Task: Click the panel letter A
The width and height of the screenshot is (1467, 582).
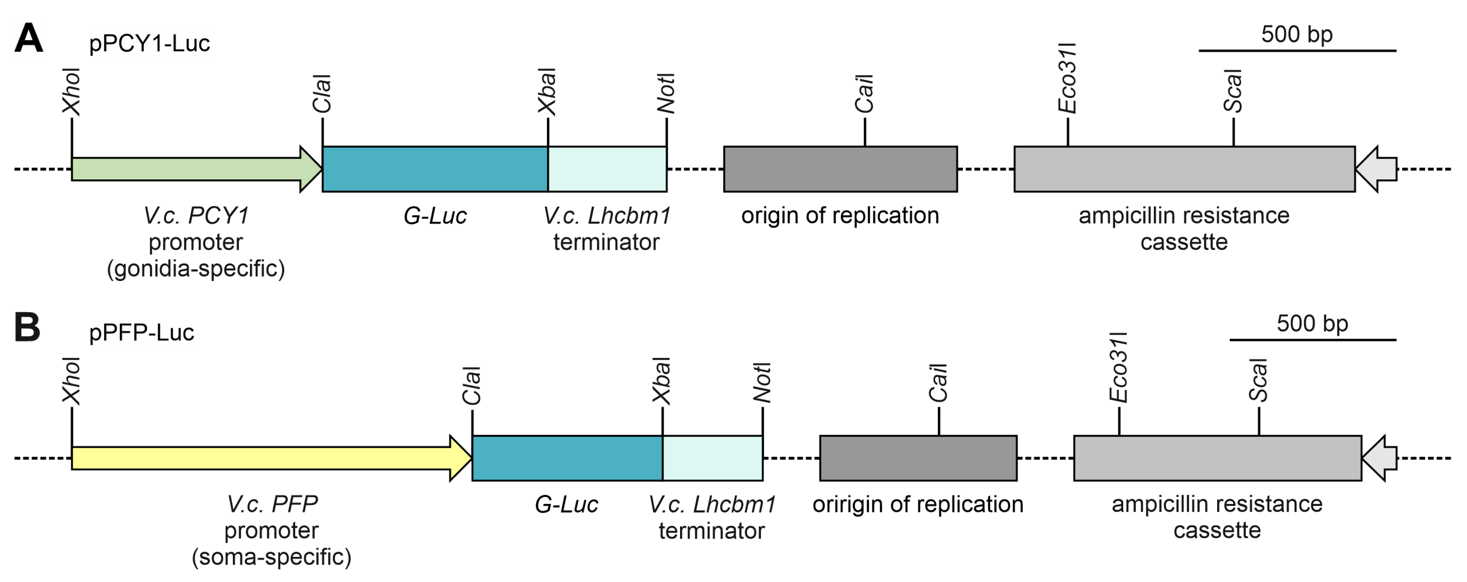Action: coord(29,38)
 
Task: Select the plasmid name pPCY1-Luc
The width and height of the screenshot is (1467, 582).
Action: coord(149,43)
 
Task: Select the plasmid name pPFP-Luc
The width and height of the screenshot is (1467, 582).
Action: coord(141,333)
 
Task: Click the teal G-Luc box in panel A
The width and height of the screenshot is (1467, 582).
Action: coord(435,169)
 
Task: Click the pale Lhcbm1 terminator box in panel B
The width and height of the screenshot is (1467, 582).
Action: coord(713,458)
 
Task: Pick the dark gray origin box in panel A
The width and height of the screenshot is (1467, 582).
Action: coord(840,169)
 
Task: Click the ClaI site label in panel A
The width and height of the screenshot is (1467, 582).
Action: coord(322,94)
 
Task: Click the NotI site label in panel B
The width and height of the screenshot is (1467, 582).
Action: coord(762,382)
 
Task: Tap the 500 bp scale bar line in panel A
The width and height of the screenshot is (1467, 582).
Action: coord(1297,51)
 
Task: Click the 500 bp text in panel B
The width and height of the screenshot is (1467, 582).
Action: coord(1312,323)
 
